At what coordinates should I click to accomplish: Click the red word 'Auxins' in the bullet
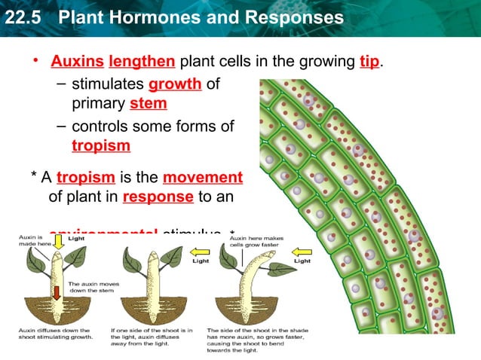[x=77, y=61]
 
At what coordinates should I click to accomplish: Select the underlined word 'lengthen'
[x=142, y=61]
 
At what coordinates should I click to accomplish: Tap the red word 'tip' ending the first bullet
[x=369, y=61]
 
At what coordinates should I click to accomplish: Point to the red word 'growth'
[x=175, y=84]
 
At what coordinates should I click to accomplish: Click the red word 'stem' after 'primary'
[x=149, y=102]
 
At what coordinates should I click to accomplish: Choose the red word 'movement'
[x=203, y=178]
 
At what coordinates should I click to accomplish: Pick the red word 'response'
[x=158, y=197]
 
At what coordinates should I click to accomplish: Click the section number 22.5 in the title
[x=21, y=17]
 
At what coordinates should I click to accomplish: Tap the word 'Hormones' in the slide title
[x=166, y=17]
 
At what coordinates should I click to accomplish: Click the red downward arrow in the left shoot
[x=57, y=292]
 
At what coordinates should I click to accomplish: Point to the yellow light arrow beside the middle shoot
[x=199, y=251]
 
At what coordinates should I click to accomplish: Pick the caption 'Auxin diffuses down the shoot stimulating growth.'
[x=55, y=334]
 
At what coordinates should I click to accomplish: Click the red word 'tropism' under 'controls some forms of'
[x=101, y=145]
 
